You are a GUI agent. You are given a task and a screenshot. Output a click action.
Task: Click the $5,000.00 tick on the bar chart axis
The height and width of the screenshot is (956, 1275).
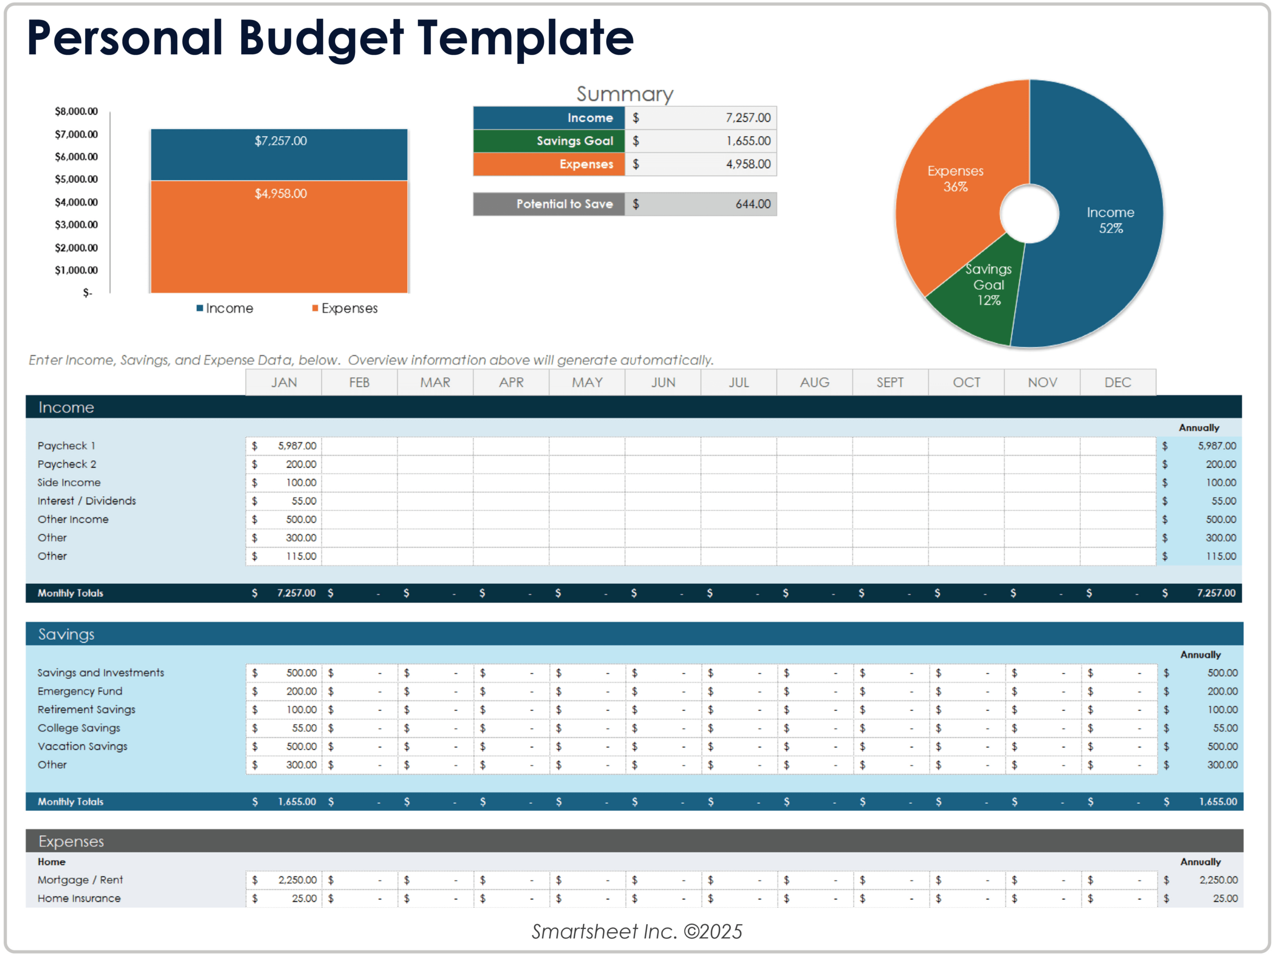(x=76, y=179)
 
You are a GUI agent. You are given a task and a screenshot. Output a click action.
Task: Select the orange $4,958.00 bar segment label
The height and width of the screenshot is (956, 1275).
(x=281, y=194)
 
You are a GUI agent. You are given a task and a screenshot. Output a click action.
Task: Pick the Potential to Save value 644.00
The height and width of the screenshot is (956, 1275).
(x=752, y=204)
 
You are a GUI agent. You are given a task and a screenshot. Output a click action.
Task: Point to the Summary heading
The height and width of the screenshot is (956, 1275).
(x=625, y=94)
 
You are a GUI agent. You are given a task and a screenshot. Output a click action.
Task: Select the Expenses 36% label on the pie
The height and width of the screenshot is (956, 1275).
(x=955, y=179)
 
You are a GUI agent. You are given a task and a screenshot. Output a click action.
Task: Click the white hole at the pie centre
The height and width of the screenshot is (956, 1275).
(x=1029, y=214)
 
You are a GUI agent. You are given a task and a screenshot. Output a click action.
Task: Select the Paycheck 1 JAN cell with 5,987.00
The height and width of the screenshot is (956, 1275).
(x=296, y=446)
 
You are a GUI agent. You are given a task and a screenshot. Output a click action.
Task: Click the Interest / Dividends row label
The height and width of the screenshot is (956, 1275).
(x=87, y=501)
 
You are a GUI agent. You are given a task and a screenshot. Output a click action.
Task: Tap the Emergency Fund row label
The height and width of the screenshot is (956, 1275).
(x=80, y=691)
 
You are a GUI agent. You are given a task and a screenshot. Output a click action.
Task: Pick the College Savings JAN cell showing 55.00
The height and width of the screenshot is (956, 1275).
(x=304, y=728)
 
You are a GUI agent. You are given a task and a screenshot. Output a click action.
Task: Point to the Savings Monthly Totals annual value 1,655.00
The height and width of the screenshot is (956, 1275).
(x=1217, y=802)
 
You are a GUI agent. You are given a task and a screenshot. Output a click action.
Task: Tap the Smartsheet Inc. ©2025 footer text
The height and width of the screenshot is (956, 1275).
(x=637, y=931)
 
